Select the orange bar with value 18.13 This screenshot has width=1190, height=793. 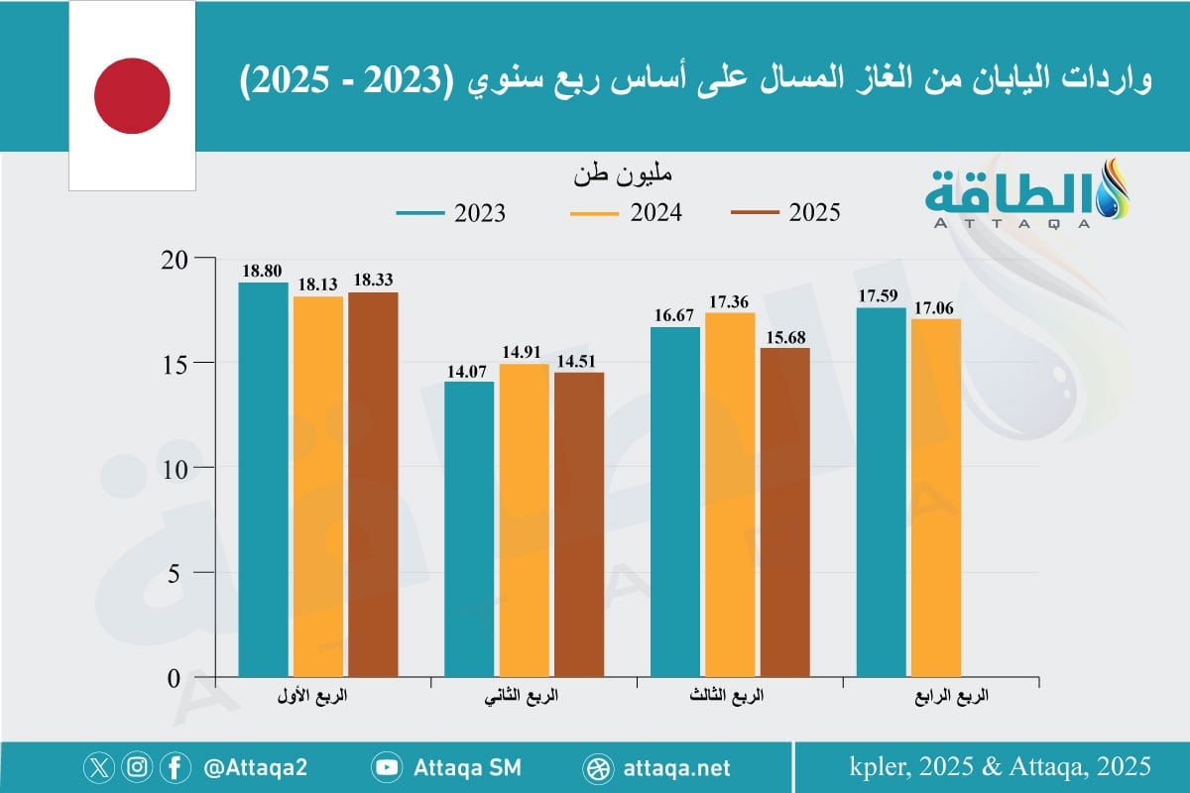(318, 487)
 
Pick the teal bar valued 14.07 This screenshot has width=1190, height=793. (469, 529)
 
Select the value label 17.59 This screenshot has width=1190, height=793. (881, 293)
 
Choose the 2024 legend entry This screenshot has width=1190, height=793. (627, 213)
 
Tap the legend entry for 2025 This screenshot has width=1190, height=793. (785, 213)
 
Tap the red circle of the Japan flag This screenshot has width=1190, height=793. (132, 95)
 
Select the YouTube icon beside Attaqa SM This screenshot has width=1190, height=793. (386, 767)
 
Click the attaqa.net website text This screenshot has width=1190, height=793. (677, 767)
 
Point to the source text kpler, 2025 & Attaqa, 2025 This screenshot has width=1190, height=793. (1000, 766)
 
